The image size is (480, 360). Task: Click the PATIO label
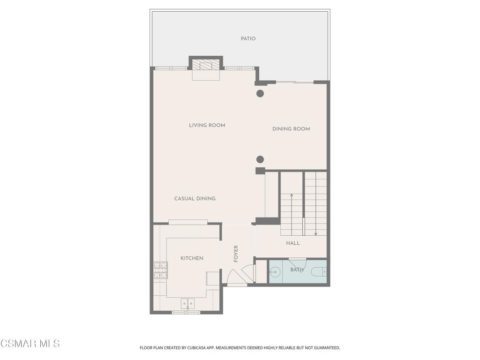click(248, 39)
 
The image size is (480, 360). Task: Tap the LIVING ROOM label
click(207, 125)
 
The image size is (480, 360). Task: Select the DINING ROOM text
click(291, 129)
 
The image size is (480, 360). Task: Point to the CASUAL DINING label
click(195, 199)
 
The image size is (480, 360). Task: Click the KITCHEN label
click(192, 258)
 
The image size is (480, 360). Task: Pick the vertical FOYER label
click(236, 254)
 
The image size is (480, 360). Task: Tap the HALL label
click(293, 243)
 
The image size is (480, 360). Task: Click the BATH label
click(297, 270)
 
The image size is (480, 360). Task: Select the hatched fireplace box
click(206, 65)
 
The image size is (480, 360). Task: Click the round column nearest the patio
click(260, 93)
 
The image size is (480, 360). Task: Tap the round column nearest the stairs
click(260, 159)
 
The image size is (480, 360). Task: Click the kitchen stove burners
click(160, 270)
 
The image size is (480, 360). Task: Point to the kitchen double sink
click(187, 304)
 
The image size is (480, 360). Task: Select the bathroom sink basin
click(276, 271)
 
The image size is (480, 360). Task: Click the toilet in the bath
click(319, 271)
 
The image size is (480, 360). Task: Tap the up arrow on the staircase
click(292, 214)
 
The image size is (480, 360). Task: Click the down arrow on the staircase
click(315, 214)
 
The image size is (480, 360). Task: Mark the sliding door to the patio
click(295, 82)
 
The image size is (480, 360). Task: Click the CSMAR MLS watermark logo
click(30, 344)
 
